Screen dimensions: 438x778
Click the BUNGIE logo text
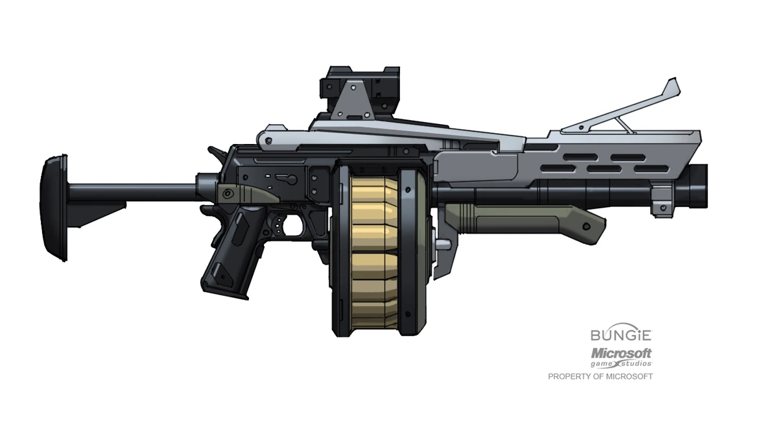pyautogui.click(x=620, y=335)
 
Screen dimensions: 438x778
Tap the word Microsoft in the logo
pyautogui.click(x=620, y=354)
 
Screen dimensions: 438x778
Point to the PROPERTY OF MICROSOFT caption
pyautogui.click(x=600, y=376)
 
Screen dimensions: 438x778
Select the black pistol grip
pyautogui.click(x=231, y=253)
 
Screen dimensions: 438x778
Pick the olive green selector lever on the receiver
pyautogui.click(x=246, y=193)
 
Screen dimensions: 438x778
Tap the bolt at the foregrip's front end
pyautogui.click(x=587, y=227)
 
